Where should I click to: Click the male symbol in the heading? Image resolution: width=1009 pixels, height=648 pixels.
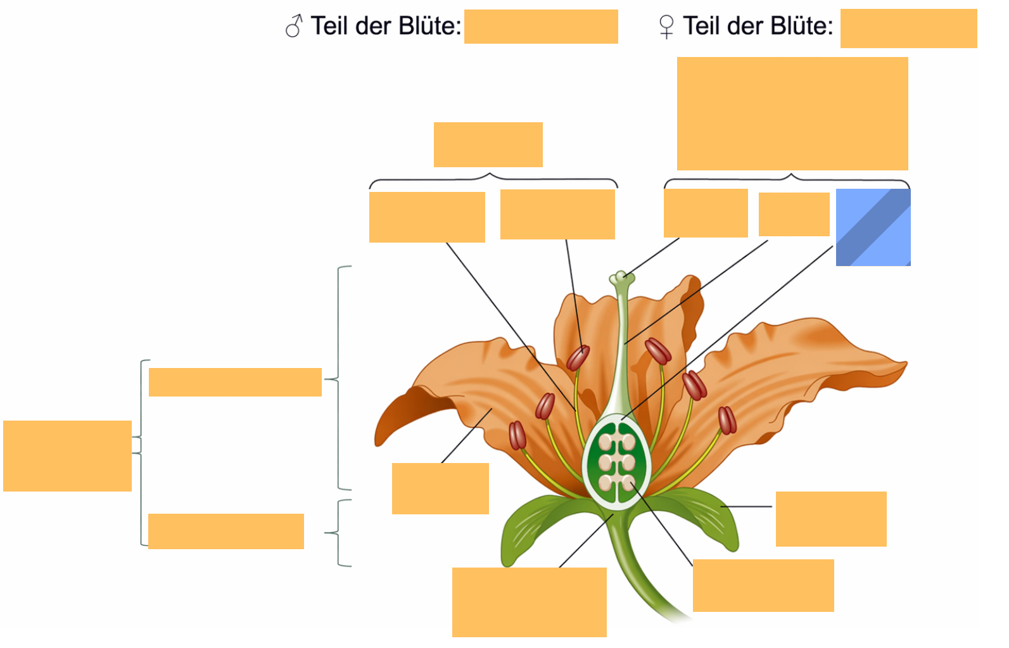294,26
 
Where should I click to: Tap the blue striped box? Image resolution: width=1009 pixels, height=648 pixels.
873,227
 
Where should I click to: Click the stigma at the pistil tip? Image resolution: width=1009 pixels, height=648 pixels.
621,277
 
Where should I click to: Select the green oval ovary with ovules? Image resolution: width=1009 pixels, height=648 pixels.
617,462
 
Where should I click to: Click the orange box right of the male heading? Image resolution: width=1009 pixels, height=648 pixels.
541,27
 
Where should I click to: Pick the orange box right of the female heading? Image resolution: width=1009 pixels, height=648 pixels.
908,29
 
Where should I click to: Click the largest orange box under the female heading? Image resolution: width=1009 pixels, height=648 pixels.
792,113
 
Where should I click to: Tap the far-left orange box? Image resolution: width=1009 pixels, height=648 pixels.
68,455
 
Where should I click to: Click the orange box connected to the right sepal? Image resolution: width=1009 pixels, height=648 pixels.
831,519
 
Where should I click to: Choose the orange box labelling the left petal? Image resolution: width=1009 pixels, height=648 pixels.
441,488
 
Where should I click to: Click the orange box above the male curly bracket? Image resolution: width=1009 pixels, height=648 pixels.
488,144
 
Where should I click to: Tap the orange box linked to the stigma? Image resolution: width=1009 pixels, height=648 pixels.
706,213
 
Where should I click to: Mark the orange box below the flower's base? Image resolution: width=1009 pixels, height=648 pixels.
530,602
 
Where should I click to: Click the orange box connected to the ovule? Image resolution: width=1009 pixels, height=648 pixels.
763,585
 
